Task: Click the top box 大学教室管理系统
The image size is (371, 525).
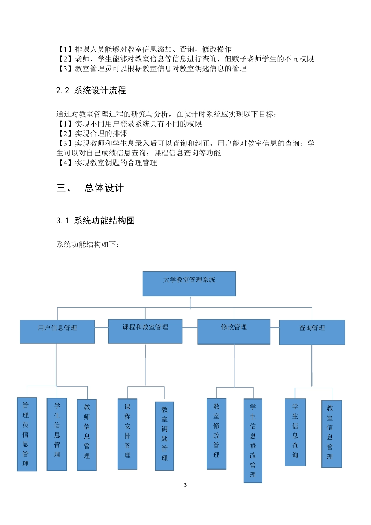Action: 189,284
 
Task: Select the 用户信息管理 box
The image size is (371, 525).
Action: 57,332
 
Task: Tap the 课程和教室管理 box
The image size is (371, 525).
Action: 145,331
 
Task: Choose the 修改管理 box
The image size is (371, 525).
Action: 234,331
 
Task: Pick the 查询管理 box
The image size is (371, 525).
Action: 312,332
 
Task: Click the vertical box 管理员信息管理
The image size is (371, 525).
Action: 27,434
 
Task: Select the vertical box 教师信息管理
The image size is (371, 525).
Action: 87,434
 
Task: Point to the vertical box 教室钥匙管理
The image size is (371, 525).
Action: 164,436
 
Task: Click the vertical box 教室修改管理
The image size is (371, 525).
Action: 216,433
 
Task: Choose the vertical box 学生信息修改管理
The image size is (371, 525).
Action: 253,440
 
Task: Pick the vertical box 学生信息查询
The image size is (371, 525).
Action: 295,432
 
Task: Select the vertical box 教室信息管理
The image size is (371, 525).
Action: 332,434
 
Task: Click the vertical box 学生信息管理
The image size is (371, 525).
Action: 57,434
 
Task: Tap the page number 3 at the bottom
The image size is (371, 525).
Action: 185,485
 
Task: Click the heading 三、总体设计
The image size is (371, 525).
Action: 90,188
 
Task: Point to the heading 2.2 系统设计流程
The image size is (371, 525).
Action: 91,91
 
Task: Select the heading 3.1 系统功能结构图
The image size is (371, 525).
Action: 95,221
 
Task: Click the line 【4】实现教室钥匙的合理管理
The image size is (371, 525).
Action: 107,162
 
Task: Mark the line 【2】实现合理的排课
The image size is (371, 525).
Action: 92,134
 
